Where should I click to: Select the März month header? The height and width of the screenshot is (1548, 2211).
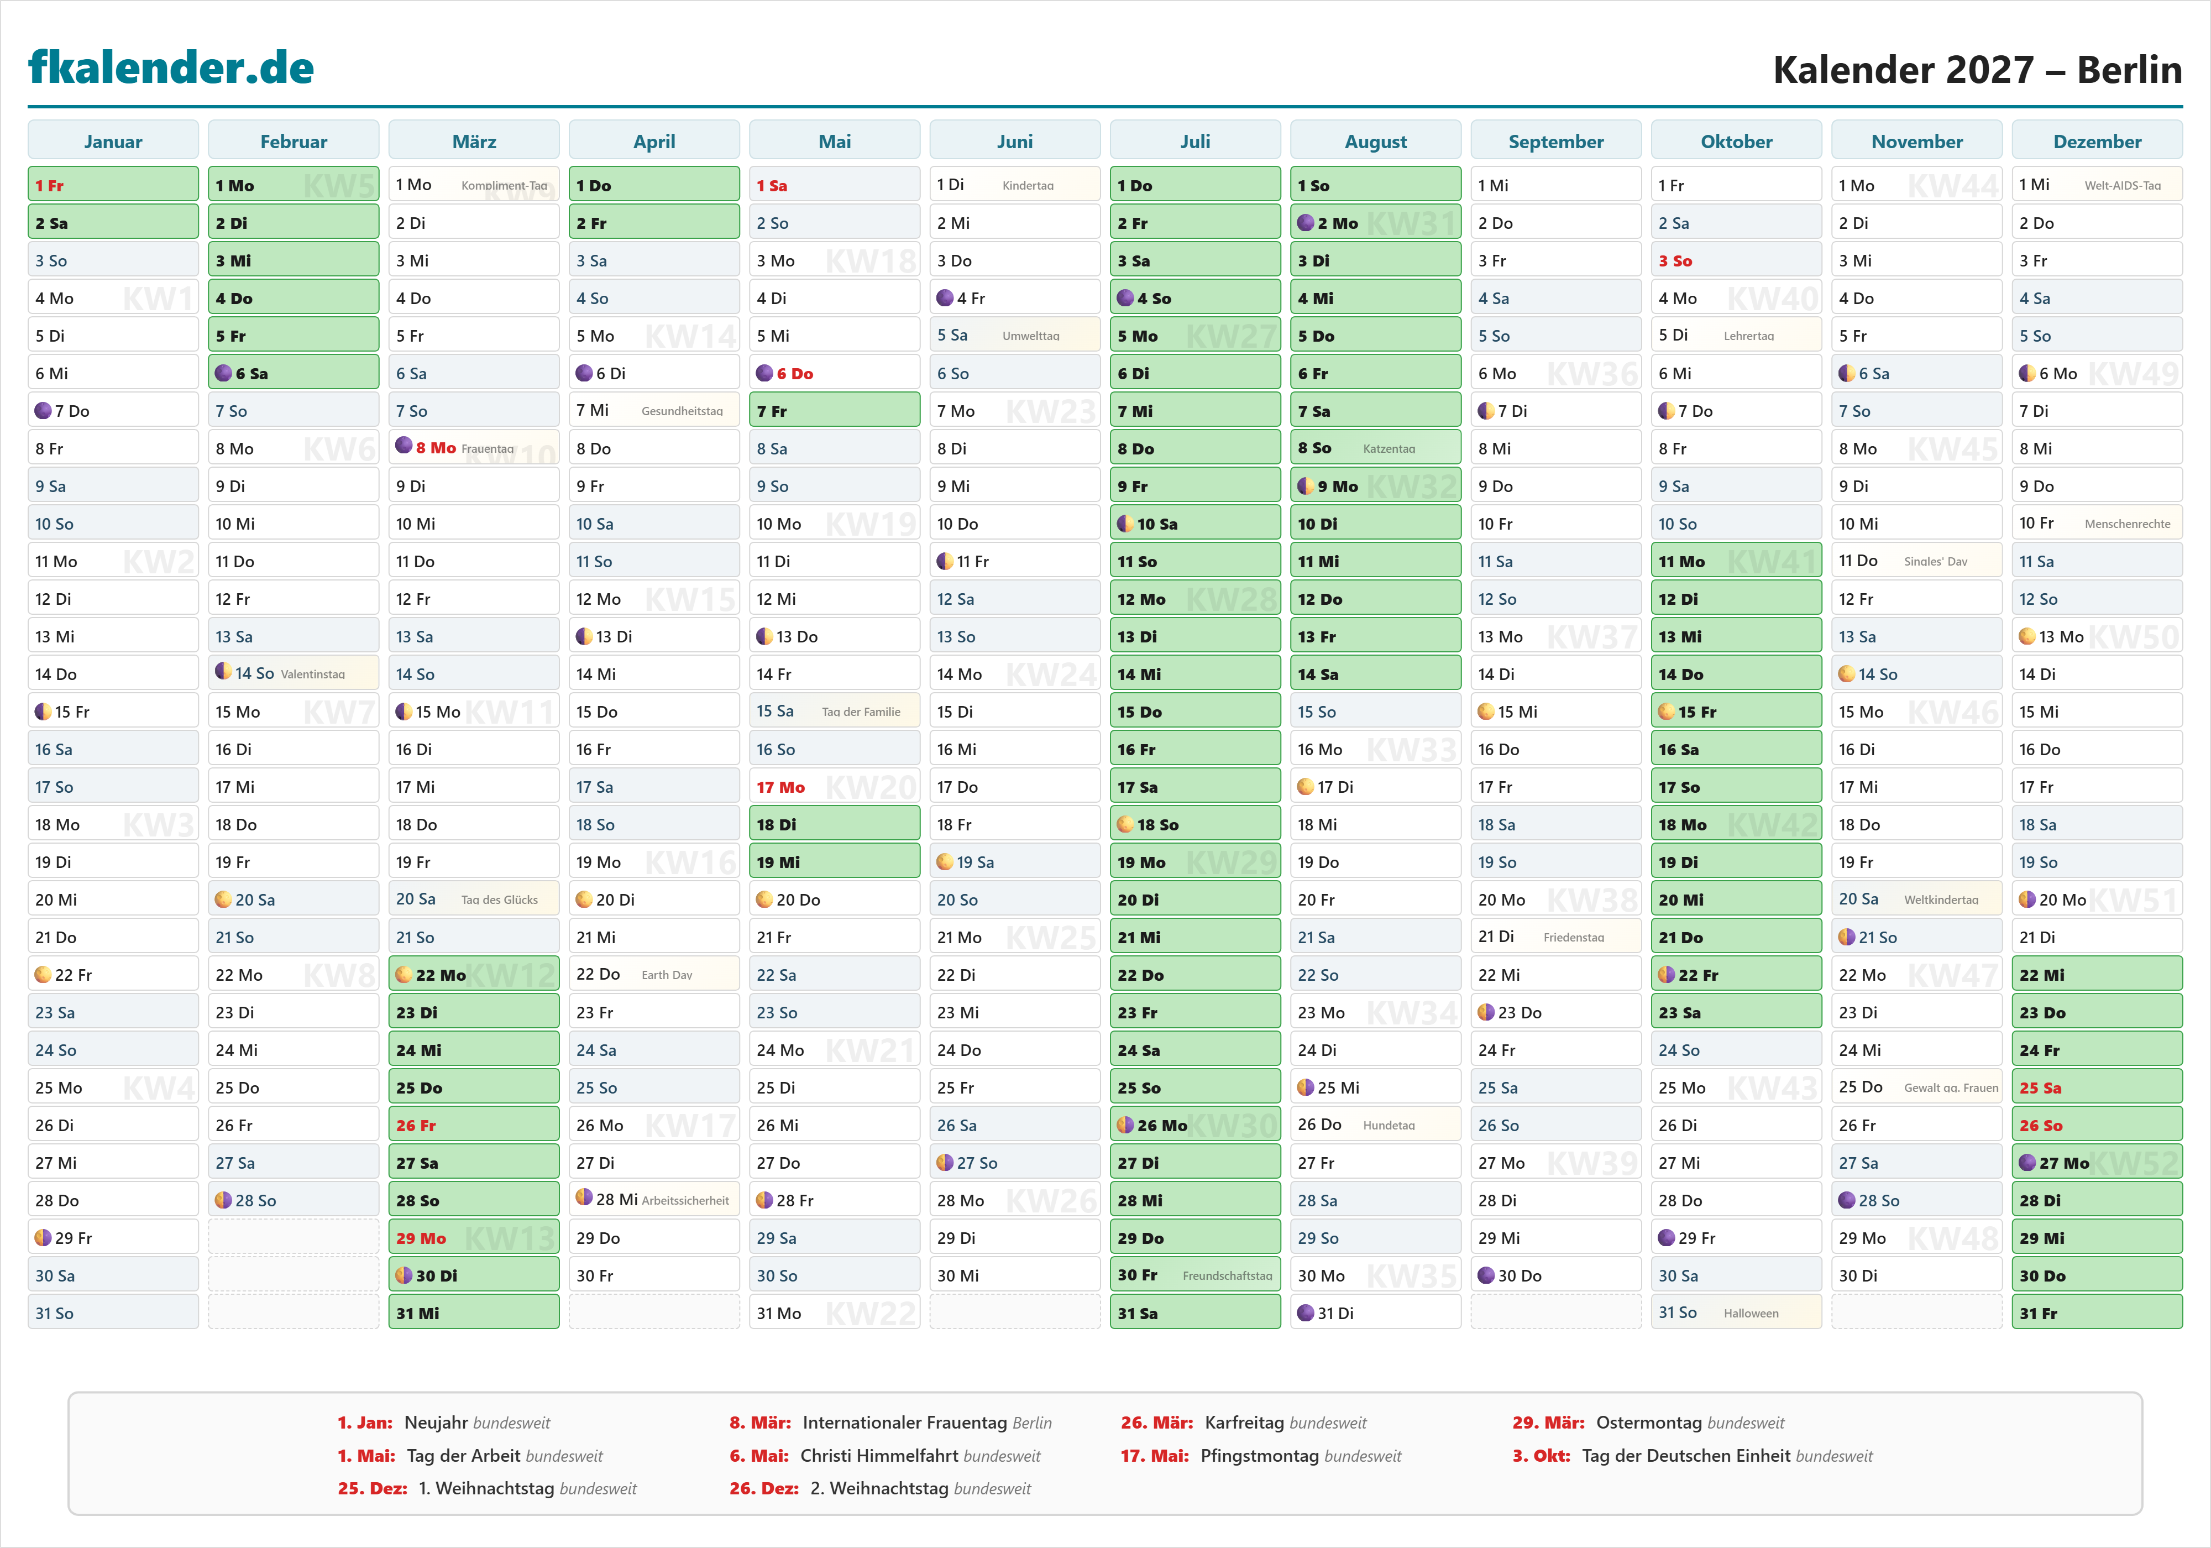coord(474,142)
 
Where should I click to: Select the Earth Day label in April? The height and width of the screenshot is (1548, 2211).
coord(667,975)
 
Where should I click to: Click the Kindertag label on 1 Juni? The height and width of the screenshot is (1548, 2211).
coord(1028,186)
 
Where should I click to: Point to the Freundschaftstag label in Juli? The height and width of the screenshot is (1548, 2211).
coord(1227,1275)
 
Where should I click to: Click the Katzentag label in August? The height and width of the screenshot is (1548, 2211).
coord(1389,449)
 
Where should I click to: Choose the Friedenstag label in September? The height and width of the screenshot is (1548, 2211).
coord(1574,937)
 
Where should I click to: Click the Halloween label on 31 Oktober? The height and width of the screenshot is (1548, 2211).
coord(1751,1313)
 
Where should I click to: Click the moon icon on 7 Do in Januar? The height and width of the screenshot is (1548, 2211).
coord(43,410)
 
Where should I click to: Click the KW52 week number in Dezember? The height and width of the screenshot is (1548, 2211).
coord(2135,1163)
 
